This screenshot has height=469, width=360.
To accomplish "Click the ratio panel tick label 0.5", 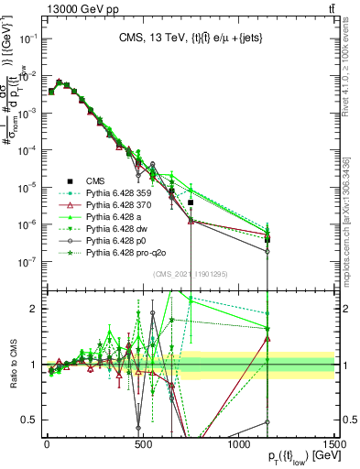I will pos(32,420).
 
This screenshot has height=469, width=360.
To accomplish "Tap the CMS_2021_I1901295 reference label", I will pos(191,274).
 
